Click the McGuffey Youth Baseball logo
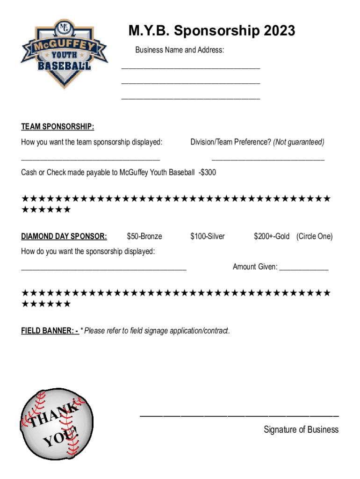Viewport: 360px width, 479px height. (65, 54)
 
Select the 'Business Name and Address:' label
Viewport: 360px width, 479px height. (180, 50)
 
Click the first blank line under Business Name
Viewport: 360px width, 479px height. (190, 68)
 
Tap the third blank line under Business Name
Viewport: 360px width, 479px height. (190, 99)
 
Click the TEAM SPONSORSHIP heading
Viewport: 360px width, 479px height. (58, 127)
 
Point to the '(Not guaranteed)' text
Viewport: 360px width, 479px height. (299, 142)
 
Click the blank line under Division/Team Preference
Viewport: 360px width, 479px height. (268, 160)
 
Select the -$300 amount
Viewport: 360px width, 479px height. (206, 173)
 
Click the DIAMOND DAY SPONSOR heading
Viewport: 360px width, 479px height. (64, 236)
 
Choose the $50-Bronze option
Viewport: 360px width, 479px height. (144, 236)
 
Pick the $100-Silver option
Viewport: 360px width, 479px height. (208, 236)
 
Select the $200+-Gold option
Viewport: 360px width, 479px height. (272, 236)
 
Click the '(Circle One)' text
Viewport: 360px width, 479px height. (315, 236)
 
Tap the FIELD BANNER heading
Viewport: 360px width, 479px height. (50, 331)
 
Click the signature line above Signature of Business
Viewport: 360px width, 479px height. (239, 415)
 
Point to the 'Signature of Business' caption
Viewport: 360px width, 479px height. (301, 429)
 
